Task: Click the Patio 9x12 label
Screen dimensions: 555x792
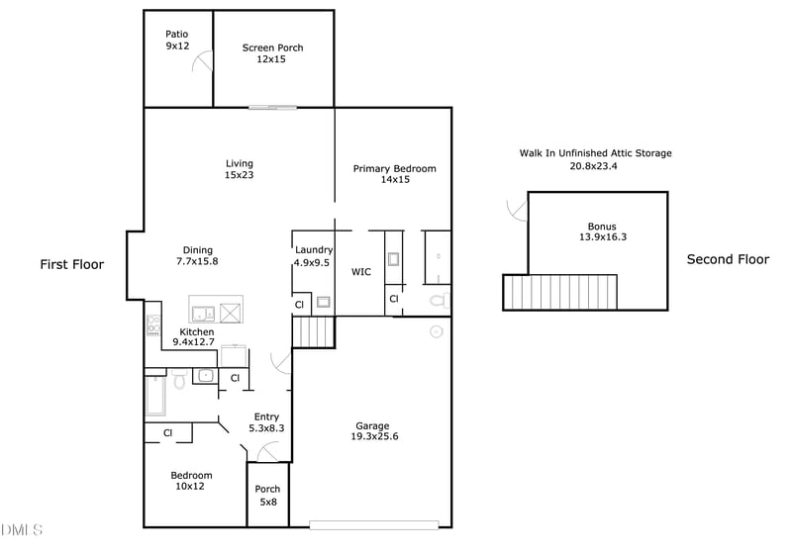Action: pyautogui.click(x=177, y=40)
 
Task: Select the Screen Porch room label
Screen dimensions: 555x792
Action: pyautogui.click(x=273, y=53)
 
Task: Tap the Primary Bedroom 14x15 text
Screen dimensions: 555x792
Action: pyautogui.click(x=394, y=174)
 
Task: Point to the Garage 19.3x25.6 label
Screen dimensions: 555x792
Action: pyautogui.click(x=372, y=431)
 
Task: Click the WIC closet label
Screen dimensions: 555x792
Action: pyautogui.click(x=361, y=271)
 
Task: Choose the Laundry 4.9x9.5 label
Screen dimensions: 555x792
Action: pyautogui.click(x=314, y=256)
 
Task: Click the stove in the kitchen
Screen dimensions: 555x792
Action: pyautogui.click(x=153, y=324)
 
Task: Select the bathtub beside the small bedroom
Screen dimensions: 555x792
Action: pyautogui.click(x=155, y=394)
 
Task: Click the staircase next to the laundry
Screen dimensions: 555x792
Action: pyautogui.click(x=315, y=331)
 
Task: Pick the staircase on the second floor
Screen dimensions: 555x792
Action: pyautogui.click(x=560, y=293)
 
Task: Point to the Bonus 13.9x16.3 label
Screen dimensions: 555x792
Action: pyautogui.click(x=602, y=231)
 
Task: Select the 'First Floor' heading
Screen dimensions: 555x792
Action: pyautogui.click(x=71, y=264)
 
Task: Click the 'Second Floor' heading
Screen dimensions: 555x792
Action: pyautogui.click(x=728, y=259)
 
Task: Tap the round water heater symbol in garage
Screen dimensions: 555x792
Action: pyautogui.click(x=436, y=332)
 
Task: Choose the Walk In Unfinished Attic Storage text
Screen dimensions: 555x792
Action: pyautogui.click(x=595, y=159)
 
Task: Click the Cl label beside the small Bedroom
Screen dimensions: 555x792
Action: pyautogui.click(x=168, y=432)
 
